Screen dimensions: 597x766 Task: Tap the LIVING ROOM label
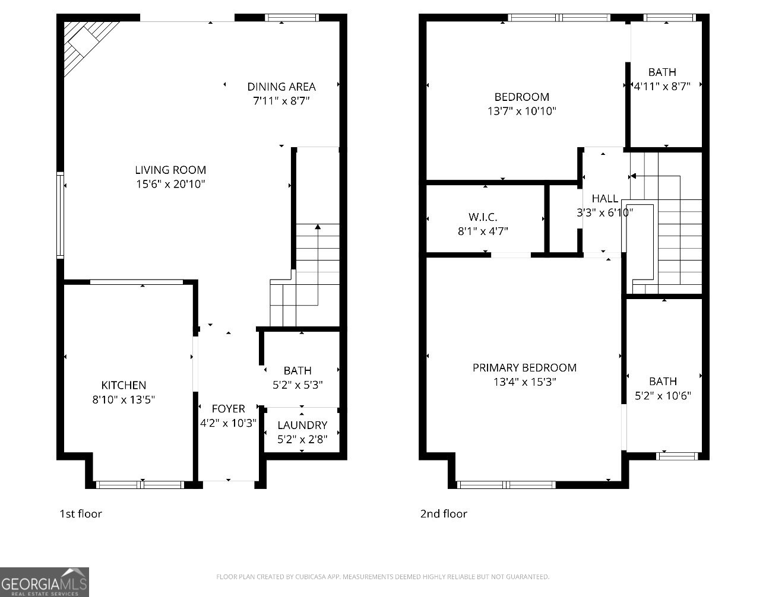[170, 170]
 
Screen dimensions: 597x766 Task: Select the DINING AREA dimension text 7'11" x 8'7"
[281, 101]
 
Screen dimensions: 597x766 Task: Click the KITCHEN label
[124, 385]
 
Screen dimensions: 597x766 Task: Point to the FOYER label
[228, 409]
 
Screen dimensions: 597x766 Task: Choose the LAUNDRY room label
[302, 425]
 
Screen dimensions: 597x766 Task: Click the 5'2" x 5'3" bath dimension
[297, 385]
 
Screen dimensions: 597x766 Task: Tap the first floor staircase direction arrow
[318, 227]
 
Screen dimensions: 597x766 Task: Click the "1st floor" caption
[81, 513]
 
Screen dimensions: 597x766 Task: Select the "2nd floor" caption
[444, 513]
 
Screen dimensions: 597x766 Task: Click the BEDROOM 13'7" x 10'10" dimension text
[522, 111]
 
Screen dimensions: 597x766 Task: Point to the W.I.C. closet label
[483, 217]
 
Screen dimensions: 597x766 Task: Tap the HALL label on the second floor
[604, 198]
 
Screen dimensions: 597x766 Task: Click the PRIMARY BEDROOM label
[524, 368]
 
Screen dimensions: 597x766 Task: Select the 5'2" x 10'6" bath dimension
[663, 396]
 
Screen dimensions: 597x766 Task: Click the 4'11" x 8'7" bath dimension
[662, 86]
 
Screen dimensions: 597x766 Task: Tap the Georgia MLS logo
[45, 582]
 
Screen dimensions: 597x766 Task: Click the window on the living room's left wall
[60, 215]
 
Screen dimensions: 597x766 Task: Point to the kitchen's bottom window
[141, 485]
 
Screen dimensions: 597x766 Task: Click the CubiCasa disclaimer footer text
[382, 576]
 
